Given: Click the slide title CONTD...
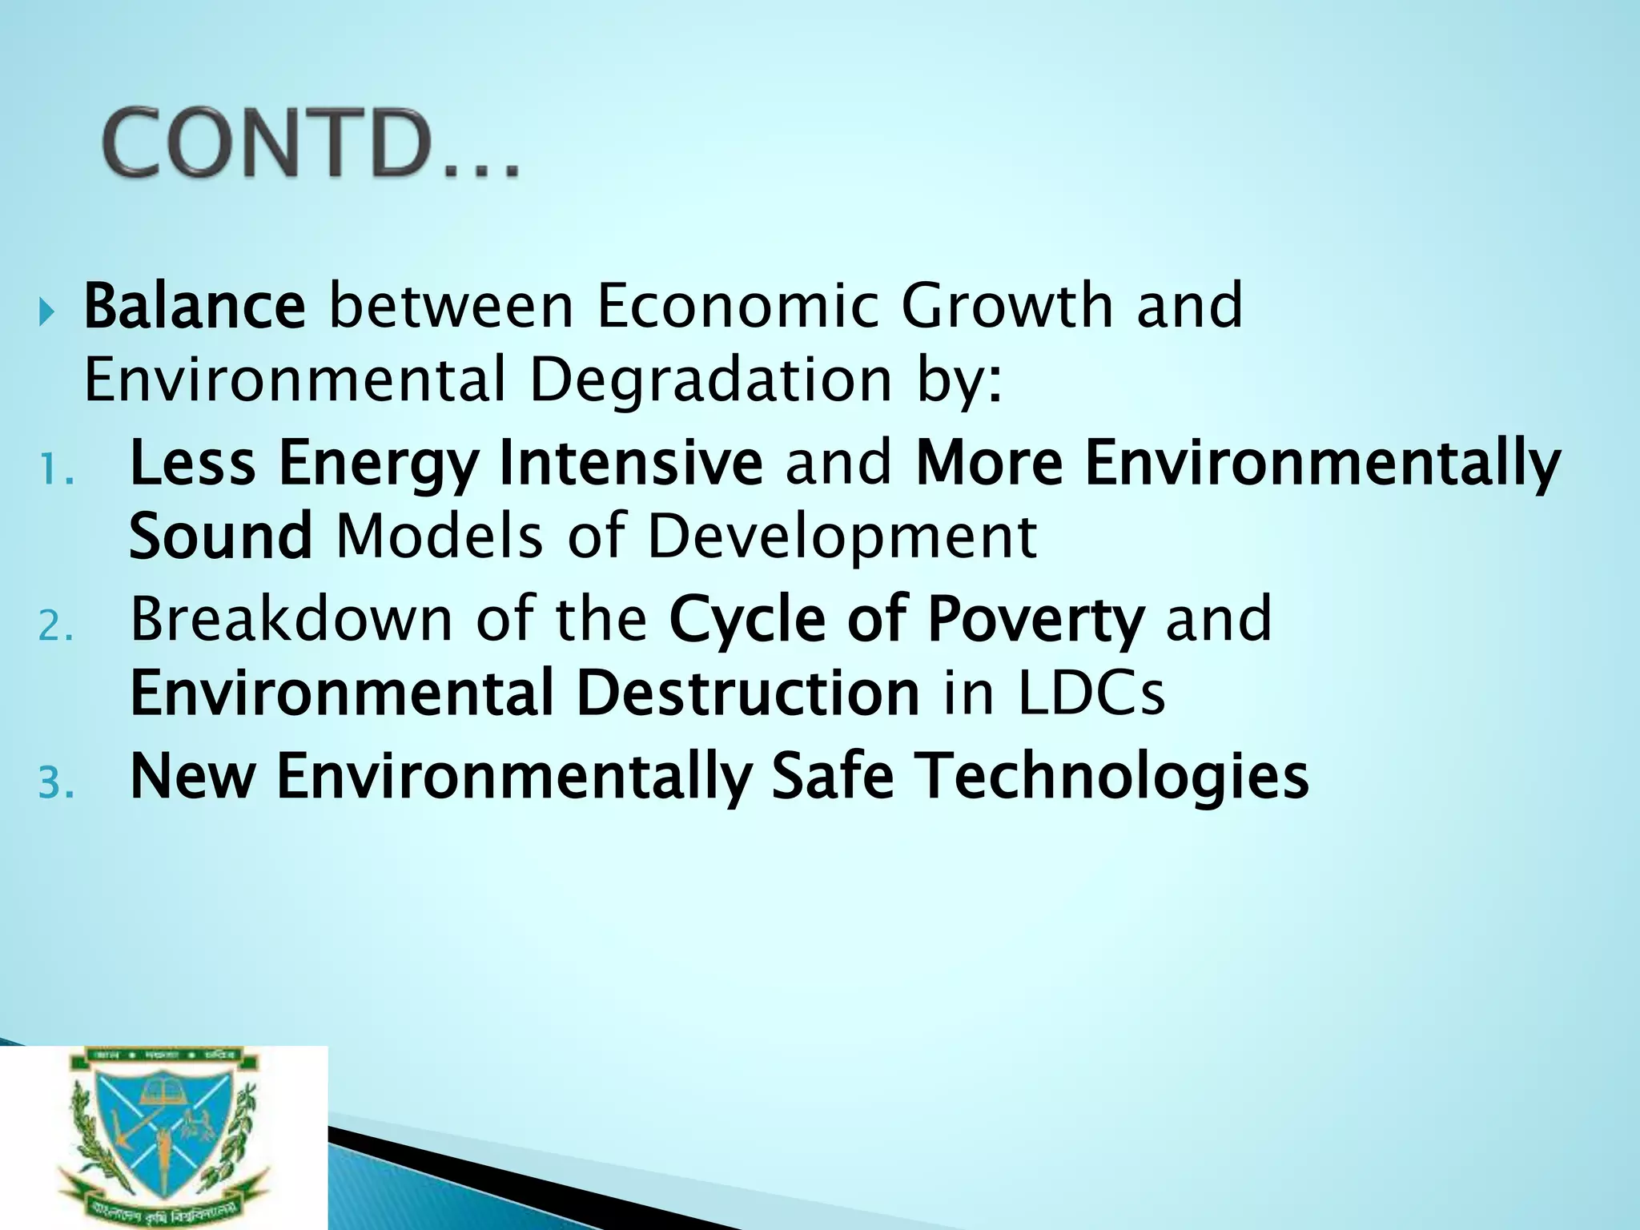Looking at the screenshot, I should point(311,144).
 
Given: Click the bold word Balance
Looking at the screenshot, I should point(195,306).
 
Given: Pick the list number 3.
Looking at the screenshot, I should point(56,783).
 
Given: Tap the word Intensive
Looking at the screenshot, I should point(630,463).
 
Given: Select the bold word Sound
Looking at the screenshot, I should point(220,537).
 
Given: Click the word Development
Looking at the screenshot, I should point(842,537).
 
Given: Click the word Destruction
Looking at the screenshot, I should point(748,693).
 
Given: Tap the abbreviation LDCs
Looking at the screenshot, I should point(1091,693).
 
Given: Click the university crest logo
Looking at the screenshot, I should point(163,1137).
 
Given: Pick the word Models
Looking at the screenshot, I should point(440,537).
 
